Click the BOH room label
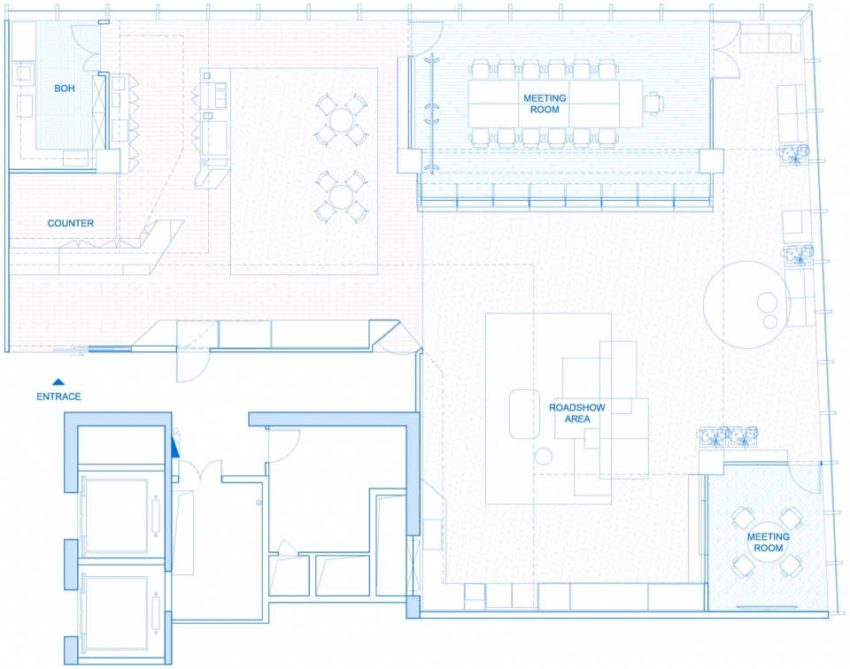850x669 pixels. coord(65,88)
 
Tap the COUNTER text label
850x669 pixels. coord(71,223)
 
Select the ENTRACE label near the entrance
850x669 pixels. coord(58,396)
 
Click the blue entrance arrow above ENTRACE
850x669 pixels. coord(58,382)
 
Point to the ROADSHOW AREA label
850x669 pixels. coord(576,412)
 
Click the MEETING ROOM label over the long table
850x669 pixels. coord(545,104)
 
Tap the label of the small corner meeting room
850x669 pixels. coord(769,542)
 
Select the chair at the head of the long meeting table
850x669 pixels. coord(653,103)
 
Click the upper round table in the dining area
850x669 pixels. coord(341,120)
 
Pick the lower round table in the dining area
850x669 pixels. coord(341,196)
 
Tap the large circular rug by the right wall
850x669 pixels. coord(746,304)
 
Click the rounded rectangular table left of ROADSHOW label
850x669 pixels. coord(524,414)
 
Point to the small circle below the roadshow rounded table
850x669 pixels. coord(543,457)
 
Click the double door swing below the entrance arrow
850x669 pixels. coord(201,469)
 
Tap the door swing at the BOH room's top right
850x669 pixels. coord(87,46)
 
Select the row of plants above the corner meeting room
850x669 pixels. coord(729,436)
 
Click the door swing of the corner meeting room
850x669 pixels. coord(804,480)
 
